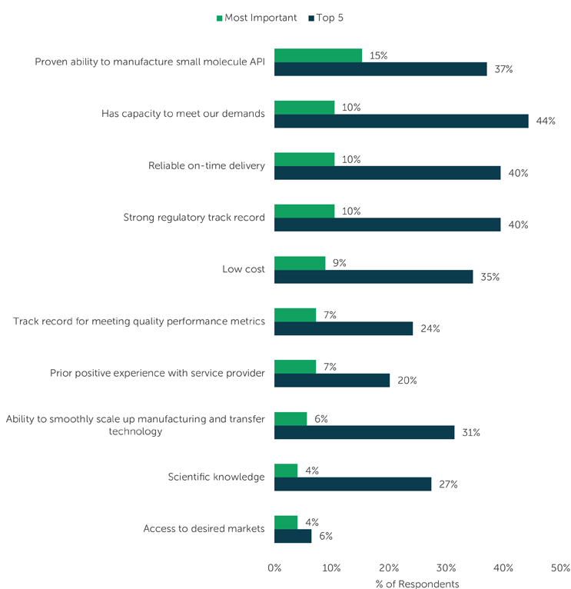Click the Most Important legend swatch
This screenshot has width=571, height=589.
click(219, 18)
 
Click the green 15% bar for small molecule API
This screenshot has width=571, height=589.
click(317, 55)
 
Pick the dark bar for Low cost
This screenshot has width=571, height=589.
click(373, 277)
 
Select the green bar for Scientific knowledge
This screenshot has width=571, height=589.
click(286, 471)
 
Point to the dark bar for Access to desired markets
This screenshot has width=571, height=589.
click(293, 536)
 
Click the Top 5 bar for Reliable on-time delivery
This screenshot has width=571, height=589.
click(387, 173)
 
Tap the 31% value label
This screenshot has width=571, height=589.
click(471, 432)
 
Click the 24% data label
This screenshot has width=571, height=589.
click(430, 328)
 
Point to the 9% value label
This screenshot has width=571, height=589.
click(339, 263)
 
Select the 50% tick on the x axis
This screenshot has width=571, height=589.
click(561, 568)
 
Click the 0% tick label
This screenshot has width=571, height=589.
click(274, 568)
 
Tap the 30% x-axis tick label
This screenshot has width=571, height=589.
click(447, 568)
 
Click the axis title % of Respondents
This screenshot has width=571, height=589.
click(417, 584)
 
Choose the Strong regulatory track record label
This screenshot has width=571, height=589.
click(194, 218)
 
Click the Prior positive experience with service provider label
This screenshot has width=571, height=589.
click(158, 373)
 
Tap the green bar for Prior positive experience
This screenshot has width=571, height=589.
click(295, 367)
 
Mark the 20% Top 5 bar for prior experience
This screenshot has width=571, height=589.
click(332, 381)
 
